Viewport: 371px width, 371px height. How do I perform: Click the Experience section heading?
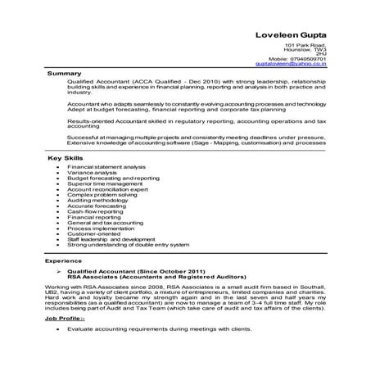pos(62,260)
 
